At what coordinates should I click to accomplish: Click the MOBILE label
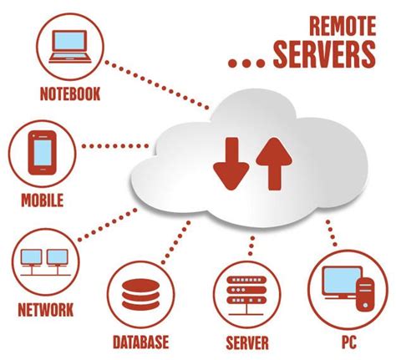pos(43,201)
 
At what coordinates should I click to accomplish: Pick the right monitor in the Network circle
pos(57,257)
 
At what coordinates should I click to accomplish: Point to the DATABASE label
pos(140,342)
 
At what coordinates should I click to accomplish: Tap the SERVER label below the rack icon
pos(246,342)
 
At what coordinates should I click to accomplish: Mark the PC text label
pos(348,342)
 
